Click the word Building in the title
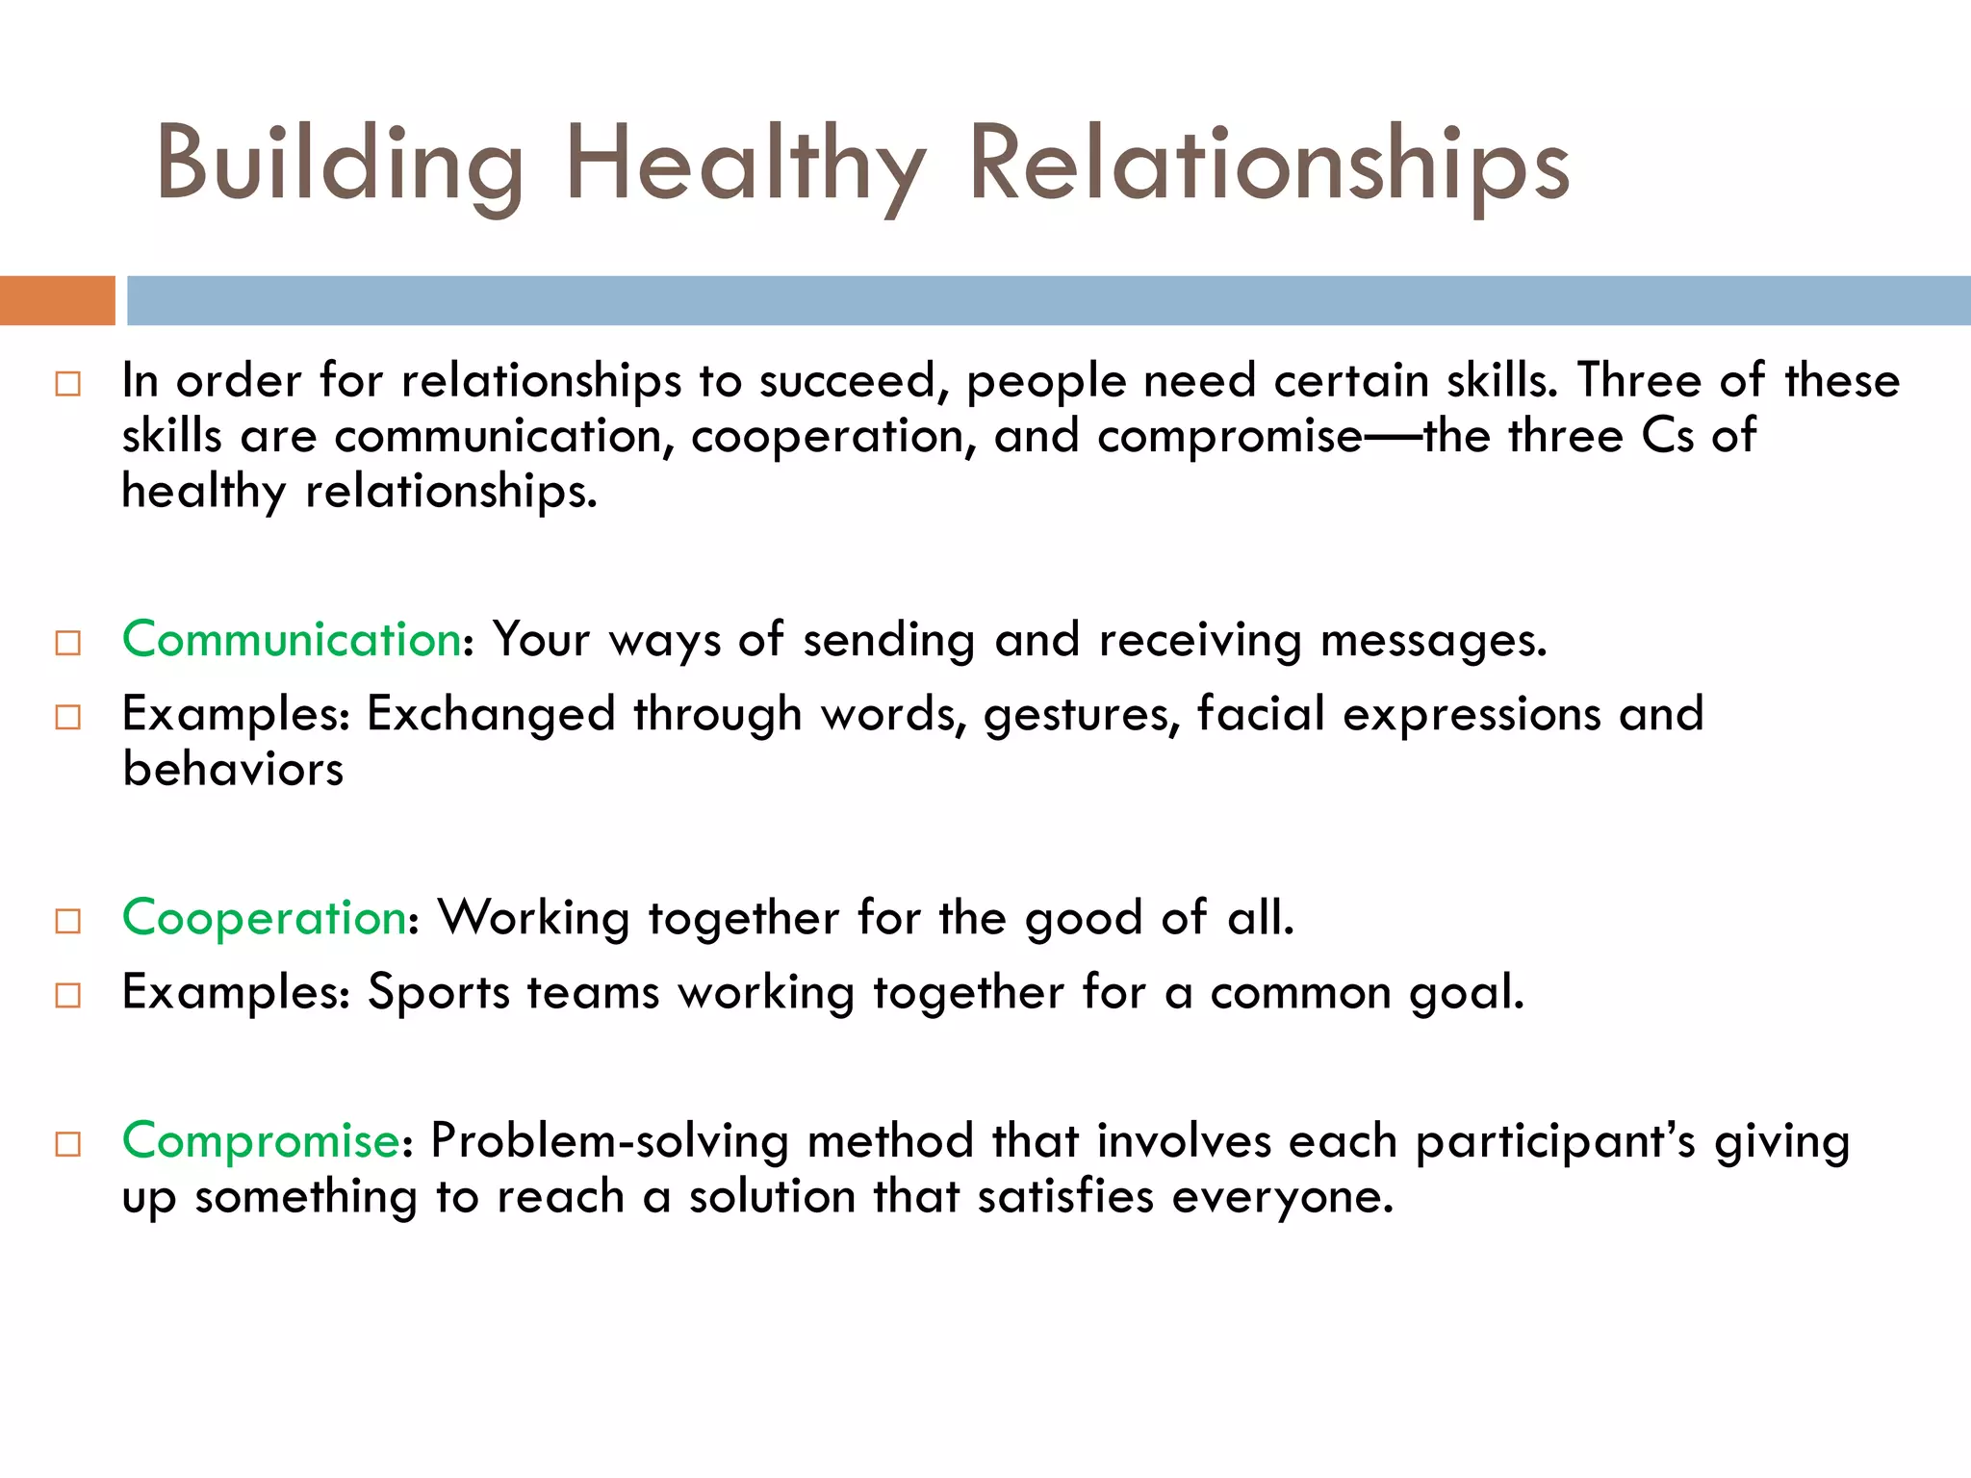click(x=339, y=166)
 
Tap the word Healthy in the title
click(x=746, y=166)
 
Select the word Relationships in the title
click(x=1268, y=166)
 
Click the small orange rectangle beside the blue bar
click(x=57, y=300)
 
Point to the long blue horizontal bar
click(x=1047, y=300)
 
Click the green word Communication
click(x=291, y=640)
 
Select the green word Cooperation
click(x=264, y=918)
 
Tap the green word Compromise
click(x=260, y=1141)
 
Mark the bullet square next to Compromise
click(x=68, y=1145)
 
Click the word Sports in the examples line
click(x=438, y=993)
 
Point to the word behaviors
click(x=233, y=770)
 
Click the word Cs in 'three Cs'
click(x=1667, y=436)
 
